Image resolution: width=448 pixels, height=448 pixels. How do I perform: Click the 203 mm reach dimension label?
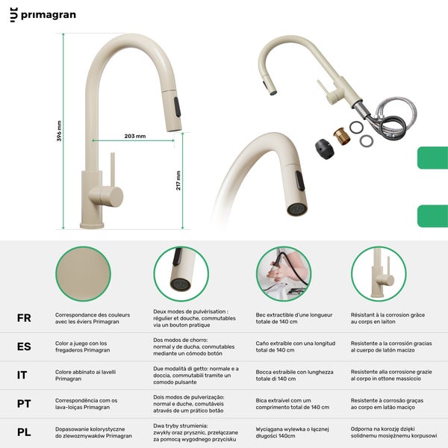click(x=135, y=136)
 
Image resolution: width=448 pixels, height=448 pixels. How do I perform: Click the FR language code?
click(x=24, y=318)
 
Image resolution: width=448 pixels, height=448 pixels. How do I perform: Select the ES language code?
click(x=24, y=347)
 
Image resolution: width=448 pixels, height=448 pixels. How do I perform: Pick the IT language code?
click(x=23, y=375)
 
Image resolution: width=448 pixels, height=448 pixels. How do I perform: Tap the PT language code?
click(x=24, y=403)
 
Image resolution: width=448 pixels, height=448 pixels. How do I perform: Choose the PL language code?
click(x=24, y=432)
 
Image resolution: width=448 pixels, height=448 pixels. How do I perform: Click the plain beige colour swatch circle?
click(x=77, y=274)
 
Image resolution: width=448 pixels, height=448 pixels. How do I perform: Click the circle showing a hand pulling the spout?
click(x=283, y=274)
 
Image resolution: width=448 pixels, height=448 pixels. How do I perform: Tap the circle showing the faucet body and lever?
click(x=378, y=274)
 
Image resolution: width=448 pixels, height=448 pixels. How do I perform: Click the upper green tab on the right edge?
click(x=432, y=158)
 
